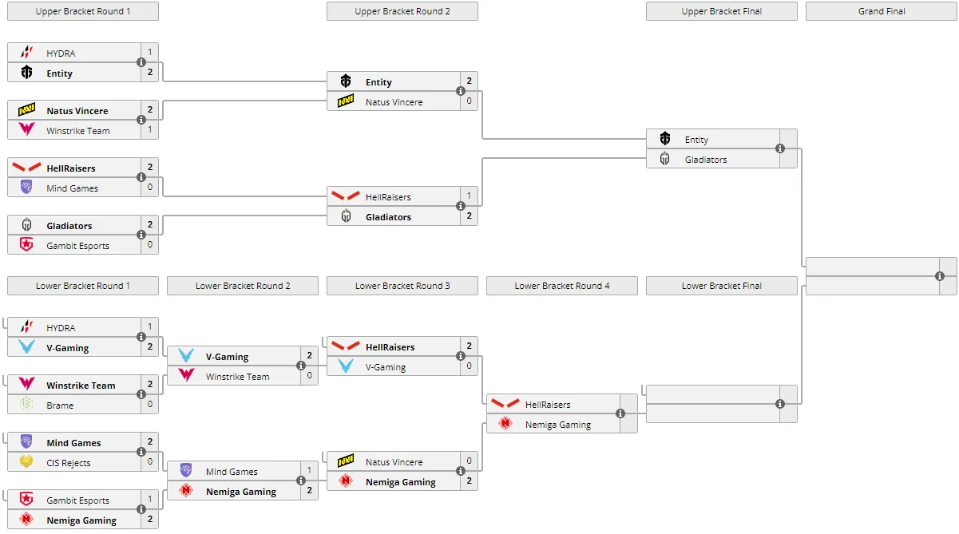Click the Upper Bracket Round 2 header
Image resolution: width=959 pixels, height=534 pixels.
point(402,11)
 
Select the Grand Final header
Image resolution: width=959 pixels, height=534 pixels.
point(882,11)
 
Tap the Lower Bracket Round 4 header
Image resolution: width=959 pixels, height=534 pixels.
point(561,286)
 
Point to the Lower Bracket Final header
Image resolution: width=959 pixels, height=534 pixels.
point(721,286)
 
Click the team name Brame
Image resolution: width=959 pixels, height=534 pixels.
point(60,405)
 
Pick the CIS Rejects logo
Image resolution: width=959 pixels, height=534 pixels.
point(26,461)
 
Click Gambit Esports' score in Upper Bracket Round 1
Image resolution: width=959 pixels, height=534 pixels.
point(150,245)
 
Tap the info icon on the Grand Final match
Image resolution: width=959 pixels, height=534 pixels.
point(940,276)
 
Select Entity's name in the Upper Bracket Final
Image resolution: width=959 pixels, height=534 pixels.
point(696,140)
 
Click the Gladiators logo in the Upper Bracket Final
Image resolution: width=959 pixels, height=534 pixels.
point(665,159)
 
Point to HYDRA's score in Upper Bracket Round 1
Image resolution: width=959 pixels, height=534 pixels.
point(150,52)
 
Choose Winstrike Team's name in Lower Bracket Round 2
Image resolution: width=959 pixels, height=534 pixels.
point(238,377)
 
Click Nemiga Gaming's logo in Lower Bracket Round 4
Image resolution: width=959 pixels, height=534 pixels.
point(505,423)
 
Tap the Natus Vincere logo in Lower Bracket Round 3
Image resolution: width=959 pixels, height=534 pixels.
point(346,461)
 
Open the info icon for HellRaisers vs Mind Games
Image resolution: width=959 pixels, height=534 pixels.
point(141,177)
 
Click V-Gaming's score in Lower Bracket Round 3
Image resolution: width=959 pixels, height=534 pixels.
point(470,366)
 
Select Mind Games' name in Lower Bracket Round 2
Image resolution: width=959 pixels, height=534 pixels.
point(232,472)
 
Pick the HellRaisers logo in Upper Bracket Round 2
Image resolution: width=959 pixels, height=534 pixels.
point(346,196)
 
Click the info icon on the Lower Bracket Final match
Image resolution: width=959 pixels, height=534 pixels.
point(780,404)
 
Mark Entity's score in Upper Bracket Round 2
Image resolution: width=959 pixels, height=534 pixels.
point(470,81)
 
